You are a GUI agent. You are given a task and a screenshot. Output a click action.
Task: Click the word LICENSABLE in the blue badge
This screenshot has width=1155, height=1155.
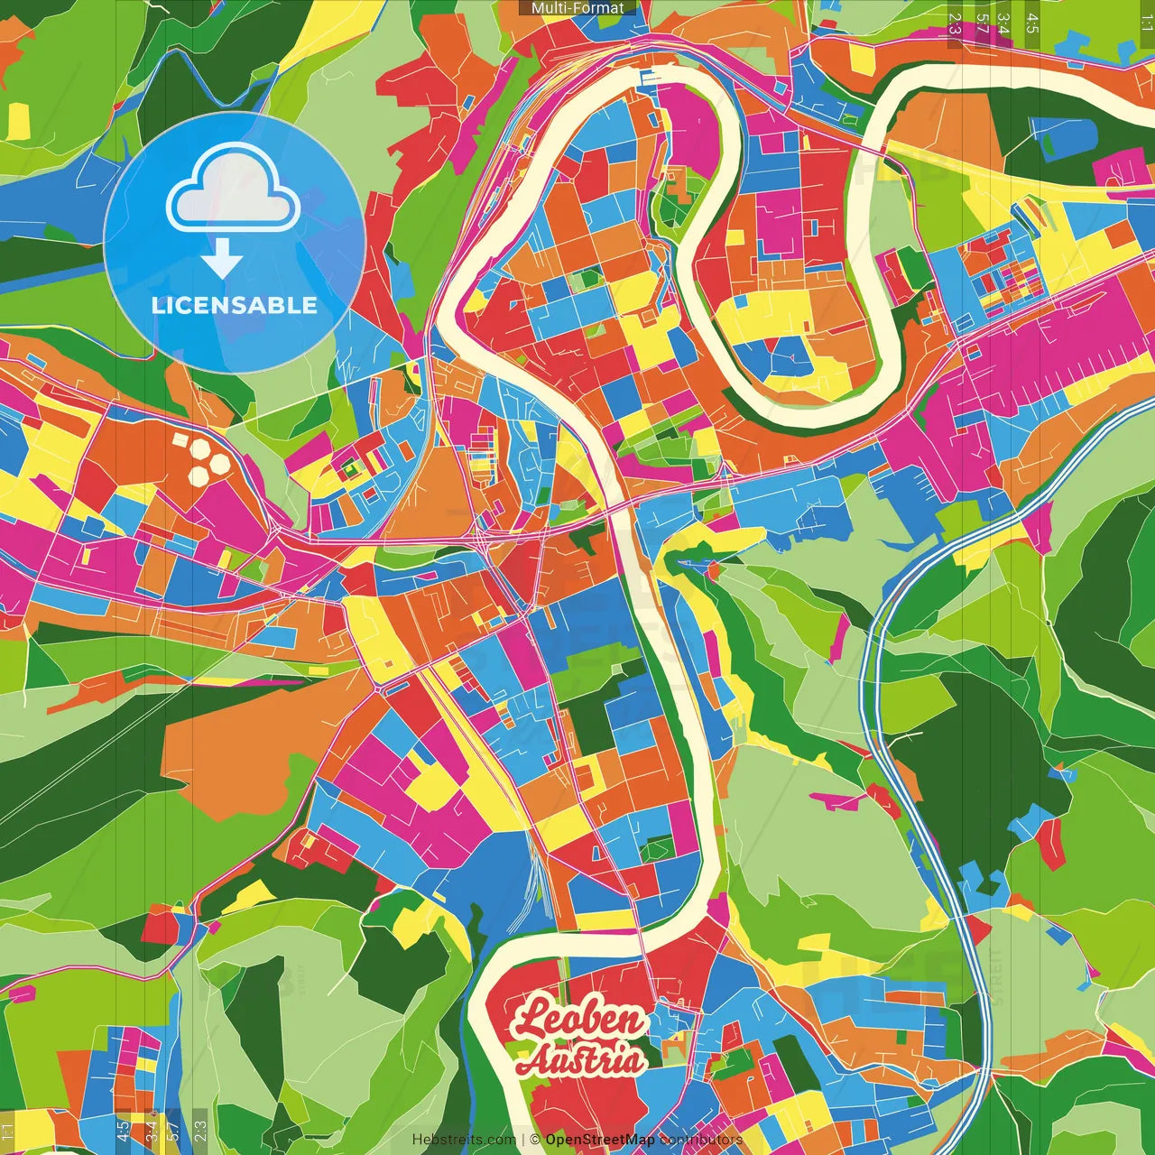[x=235, y=305]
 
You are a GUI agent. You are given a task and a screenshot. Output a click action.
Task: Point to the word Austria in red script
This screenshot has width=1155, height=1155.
[x=581, y=1059]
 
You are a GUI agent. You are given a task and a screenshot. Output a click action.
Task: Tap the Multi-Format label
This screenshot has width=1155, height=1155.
[x=577, y=8]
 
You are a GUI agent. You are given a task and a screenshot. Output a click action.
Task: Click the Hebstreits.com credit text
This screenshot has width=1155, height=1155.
[x=464, y=1140]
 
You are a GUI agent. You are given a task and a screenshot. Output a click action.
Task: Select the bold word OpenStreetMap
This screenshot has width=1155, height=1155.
[x=600, y=1140]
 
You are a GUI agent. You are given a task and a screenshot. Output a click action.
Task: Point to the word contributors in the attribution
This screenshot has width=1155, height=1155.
[x=701, y=1140]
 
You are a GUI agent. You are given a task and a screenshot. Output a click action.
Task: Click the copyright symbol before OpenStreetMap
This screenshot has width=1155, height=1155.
[x=535, y=1140]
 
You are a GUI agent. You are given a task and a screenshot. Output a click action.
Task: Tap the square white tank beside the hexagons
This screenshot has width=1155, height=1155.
[x=180, y=441]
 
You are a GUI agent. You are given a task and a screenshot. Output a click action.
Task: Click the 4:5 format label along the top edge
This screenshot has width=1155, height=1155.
[x=1032, y=23]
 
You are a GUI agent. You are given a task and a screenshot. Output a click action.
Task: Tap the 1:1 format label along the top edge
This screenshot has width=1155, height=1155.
[x=1145, y=23]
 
